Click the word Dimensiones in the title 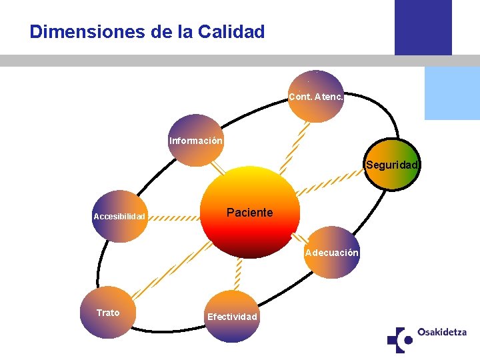click(73, 31)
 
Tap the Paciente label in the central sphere click(249, 213)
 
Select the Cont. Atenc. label click(316, 97)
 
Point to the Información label click(196, 141)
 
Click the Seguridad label click(391, 165)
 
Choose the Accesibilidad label click(119, 217)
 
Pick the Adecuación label click(331, 253)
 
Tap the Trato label click(108, 313)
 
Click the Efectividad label click(232, 317)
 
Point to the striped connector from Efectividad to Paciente click(237, 274)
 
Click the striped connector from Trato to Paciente click(171, 269)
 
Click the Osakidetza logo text click(441, 332)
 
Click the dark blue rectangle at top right click(423, 27)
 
